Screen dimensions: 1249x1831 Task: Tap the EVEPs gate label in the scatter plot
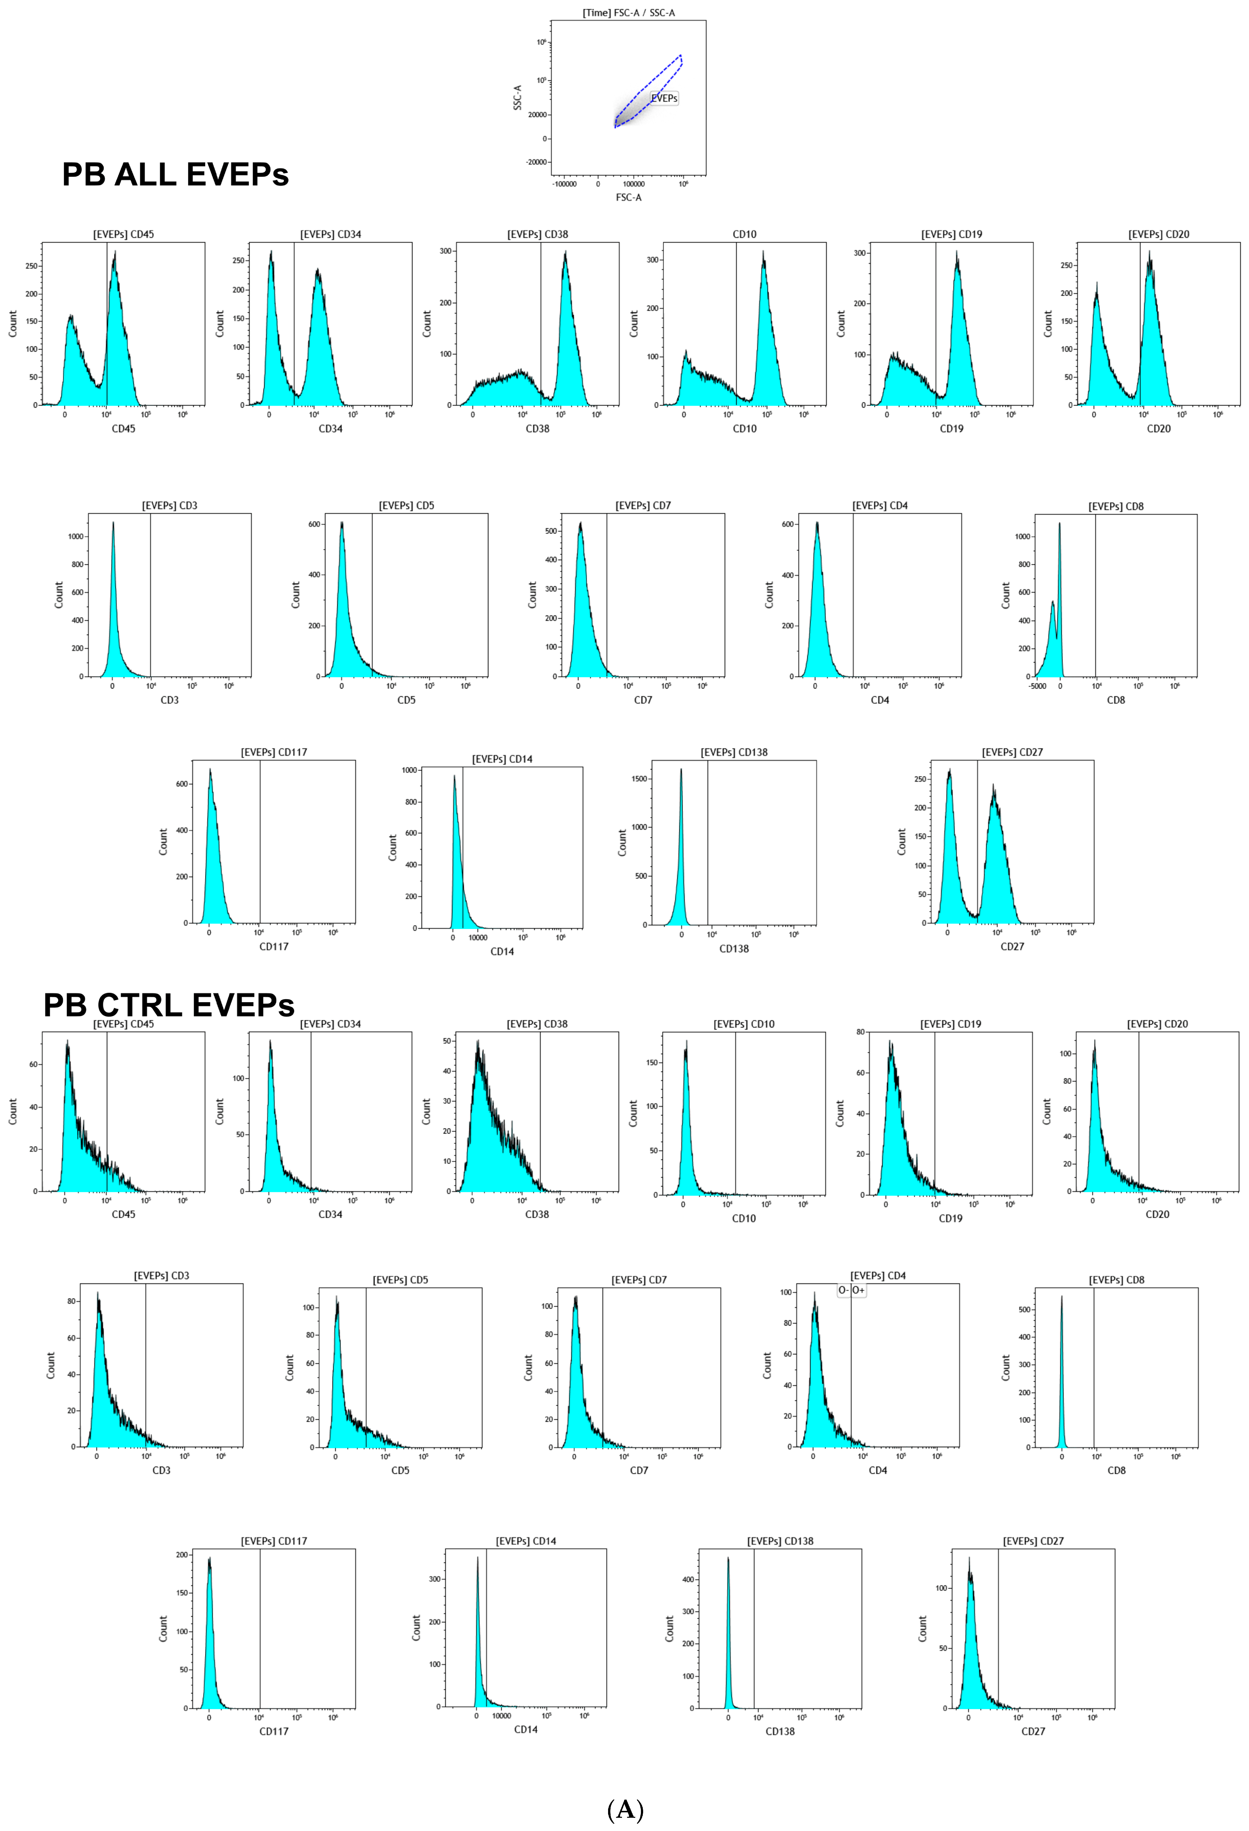coord(664,99)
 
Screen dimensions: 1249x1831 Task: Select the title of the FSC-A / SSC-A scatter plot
coord(628,13)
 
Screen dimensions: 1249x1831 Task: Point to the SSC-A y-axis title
coord(517,97)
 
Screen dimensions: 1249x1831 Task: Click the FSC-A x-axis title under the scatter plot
coord(628,197)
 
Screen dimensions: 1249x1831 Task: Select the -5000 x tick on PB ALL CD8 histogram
coord(1037,686)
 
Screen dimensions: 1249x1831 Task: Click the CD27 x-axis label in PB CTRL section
coord(1033,1731)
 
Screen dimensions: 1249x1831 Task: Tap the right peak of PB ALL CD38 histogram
coord(565,254)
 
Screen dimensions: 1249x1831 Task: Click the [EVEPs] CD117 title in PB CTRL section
coord(274,1540)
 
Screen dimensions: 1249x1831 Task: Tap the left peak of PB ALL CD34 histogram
coord(271,254)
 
